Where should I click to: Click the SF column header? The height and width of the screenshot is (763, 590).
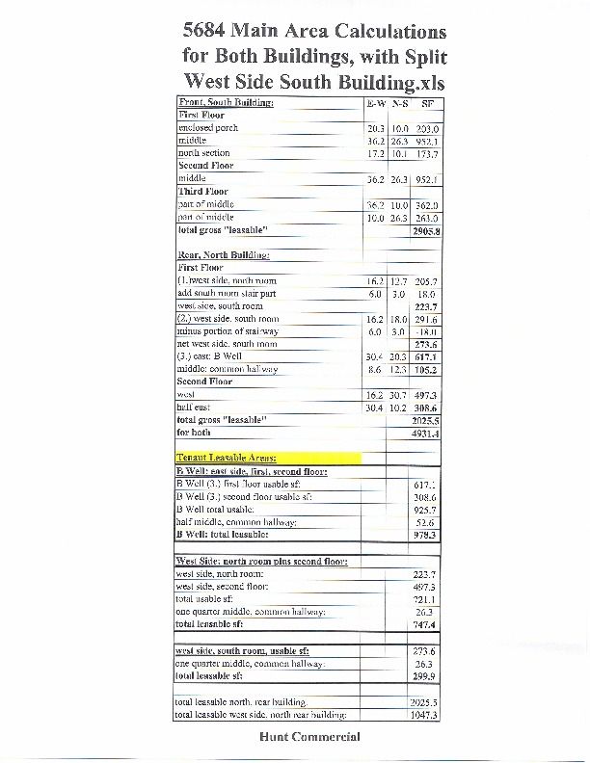coord(427,102)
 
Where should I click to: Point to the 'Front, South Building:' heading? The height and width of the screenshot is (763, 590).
coord(226,102)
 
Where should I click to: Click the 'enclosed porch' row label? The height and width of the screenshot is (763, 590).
coord(207,127)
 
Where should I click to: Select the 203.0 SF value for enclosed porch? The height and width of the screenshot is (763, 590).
coord(427,128)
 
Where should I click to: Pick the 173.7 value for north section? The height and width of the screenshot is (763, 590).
coord(427,153)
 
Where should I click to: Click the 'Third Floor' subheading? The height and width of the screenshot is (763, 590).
coord(201,192)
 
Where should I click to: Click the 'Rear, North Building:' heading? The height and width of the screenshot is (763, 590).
coord(223,254)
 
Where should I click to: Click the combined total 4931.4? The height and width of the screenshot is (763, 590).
coord(425,434)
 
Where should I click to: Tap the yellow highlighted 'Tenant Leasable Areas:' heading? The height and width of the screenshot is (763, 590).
coord(227,458)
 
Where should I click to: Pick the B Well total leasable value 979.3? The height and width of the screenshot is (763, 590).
coord(425,534)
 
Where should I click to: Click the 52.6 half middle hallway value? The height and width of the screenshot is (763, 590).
coord(425,521)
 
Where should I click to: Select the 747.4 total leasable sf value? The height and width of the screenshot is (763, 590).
coord(425,624)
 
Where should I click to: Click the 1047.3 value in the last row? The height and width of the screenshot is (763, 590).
coord(425,716)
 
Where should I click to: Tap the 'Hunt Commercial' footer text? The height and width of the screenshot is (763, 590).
coord(309,737)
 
